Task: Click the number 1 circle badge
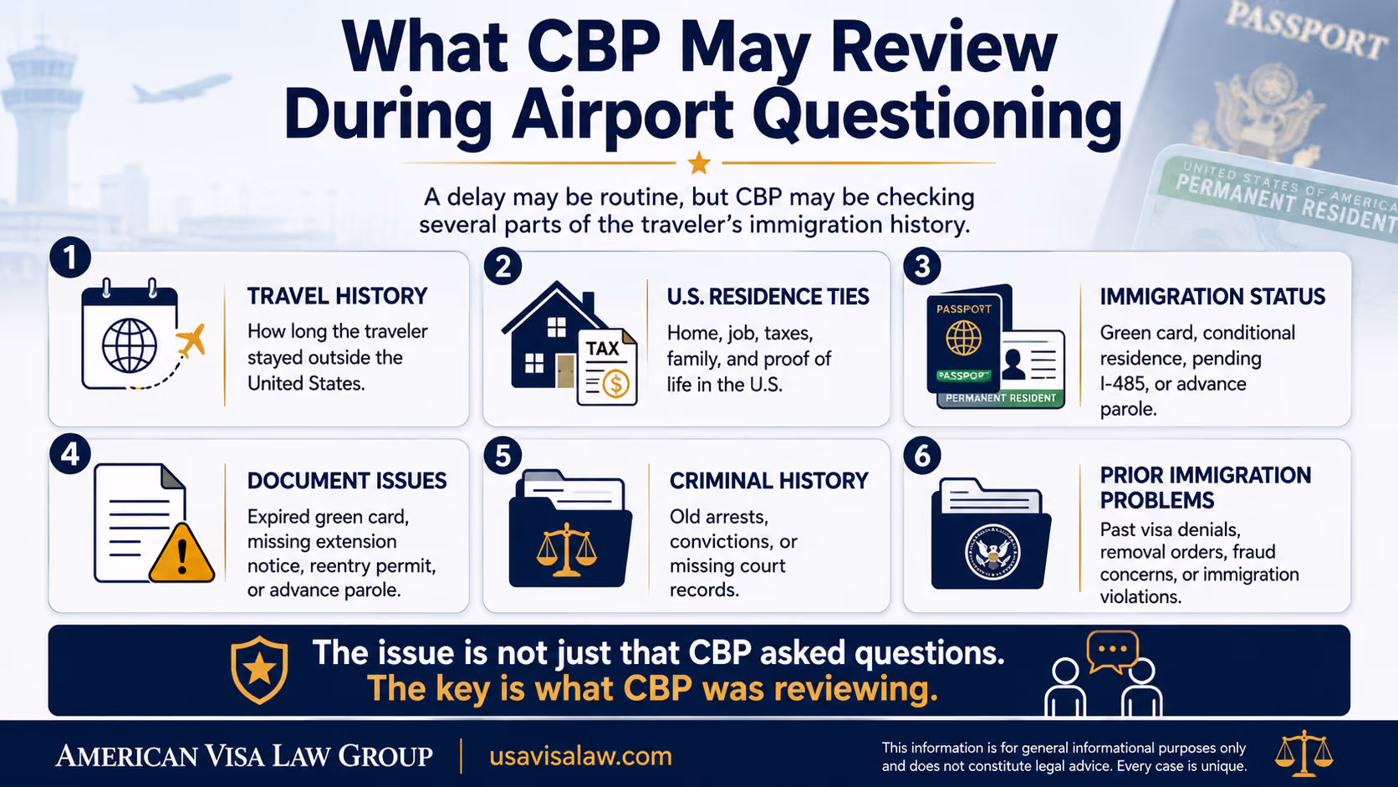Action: tap(70, 258)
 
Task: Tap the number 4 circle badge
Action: tap(70, 454)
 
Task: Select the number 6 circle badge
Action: tap(922, 456)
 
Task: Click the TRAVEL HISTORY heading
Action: tap(337, 296)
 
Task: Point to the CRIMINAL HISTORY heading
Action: tap(769, 481)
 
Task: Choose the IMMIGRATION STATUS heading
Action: tap(1212, 296)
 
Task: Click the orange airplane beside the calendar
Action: tap(191, 340)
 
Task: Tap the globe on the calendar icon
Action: tap(130, 345)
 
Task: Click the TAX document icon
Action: tap(607, 367)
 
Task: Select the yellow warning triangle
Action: tap(181, 553)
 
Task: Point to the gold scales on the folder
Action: tap(567, 549)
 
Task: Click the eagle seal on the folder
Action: tap(992, 552)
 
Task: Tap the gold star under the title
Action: tap(699, 163)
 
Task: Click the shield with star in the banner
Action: tap(260, 670)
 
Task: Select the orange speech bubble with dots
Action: tap(1112, 651)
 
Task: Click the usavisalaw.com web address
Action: tap(580, 756)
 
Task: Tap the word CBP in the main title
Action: tap(594, 48)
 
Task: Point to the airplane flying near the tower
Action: tap(181, 89)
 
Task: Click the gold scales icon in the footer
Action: tap(1304, 753)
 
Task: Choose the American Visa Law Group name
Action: tap(244, 756)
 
